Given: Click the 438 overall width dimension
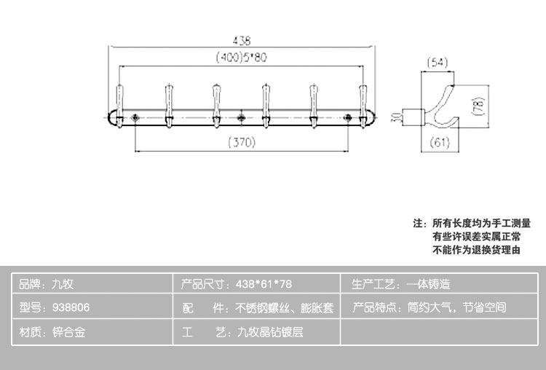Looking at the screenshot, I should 241,41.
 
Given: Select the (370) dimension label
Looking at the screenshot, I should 241,143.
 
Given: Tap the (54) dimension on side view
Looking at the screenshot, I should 438,63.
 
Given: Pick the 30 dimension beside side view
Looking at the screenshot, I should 393,116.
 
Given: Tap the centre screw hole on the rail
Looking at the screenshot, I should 241,117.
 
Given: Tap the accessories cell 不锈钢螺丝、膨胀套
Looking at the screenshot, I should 258,307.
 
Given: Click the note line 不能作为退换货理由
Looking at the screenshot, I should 476,250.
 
